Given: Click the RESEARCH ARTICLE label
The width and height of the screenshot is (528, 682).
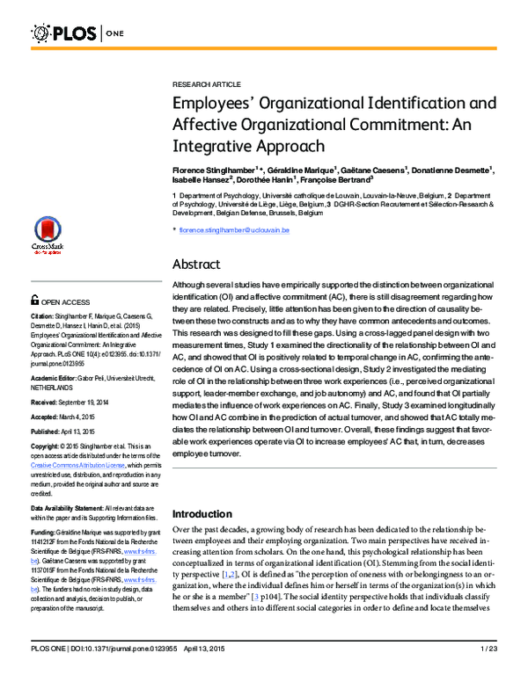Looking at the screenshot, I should click(x=206, y=84).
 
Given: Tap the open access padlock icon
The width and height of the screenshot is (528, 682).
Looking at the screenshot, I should click(x=35, y=301).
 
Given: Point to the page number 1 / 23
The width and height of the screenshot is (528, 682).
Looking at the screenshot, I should click(x=489, y=672).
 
